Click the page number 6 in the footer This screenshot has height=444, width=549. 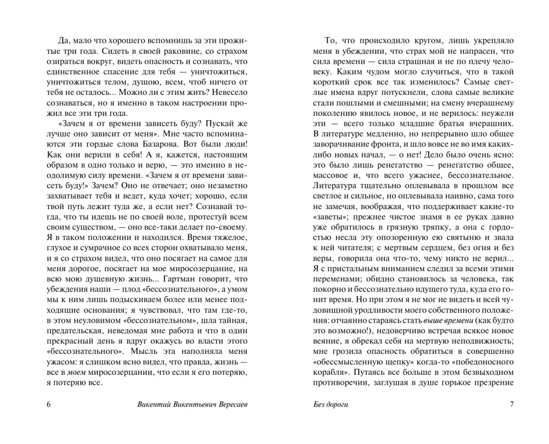point(49,405)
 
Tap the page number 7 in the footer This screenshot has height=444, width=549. point(511,405)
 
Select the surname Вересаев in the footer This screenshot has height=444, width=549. point(229,405)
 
